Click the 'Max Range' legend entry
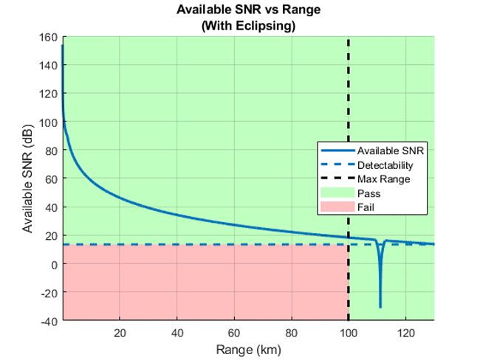pyautogui.click(x=378, y=179)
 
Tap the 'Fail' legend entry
pyautogui.click(x=366, y=207)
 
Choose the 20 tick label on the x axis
pyautogui.click(x=120, y=332)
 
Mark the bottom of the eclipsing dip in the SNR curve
pyautogui.click(x=380, y=305)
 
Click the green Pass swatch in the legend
pyautogui.click(x=337, y=193)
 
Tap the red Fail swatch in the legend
pyautogui.click(x=337, y=207)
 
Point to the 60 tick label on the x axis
pyautogui.click(x=234, y=332)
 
